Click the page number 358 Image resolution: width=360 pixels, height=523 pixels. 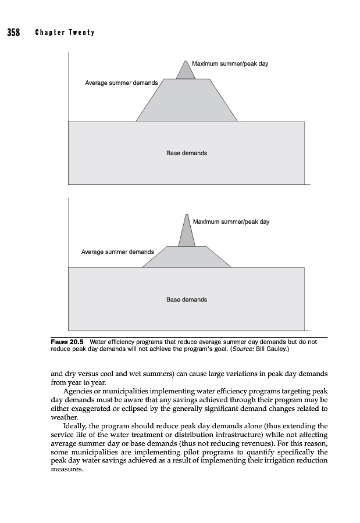point(13,32)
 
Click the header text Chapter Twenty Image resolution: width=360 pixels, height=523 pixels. point(65,32)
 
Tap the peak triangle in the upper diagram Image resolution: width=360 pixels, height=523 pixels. point(186,71)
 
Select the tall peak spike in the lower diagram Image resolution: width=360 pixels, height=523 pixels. point(187,232)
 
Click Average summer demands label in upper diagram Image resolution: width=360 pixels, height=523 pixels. point(121,83)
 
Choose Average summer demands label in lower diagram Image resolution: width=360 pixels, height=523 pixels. point(117,252)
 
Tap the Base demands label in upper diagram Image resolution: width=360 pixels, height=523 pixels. point(186,153)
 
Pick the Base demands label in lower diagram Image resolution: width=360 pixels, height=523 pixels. point(186,300)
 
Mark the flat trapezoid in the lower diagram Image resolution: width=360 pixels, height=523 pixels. point(186,257)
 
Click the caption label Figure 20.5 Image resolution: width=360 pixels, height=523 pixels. point(69,343)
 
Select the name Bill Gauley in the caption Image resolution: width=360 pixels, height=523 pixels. point(272,350)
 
